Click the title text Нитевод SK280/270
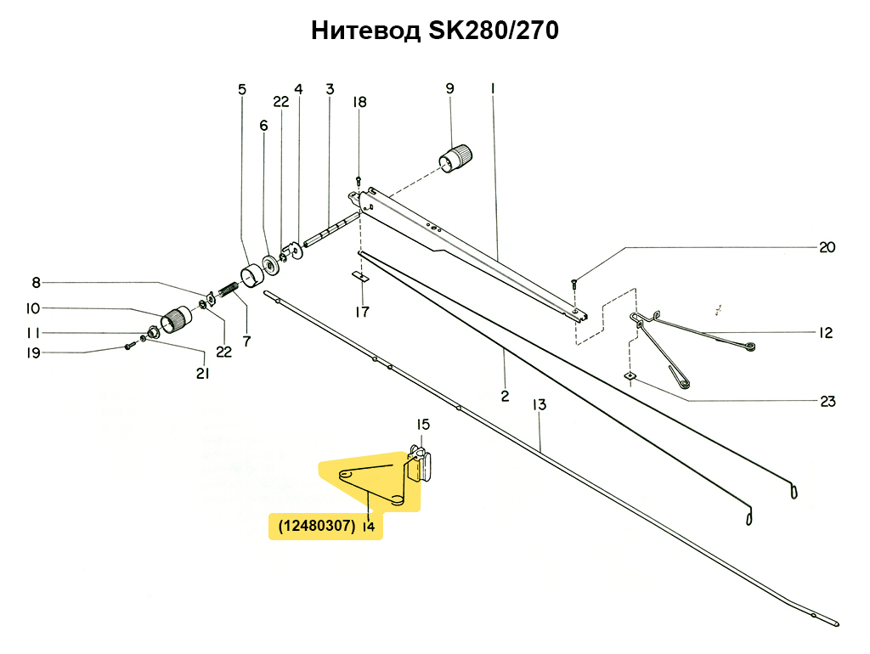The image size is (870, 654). [434, 31]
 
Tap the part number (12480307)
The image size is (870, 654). [317, 525]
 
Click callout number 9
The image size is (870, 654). [449, 88]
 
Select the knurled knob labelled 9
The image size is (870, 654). [455, 158]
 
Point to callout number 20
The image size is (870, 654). [827, 247]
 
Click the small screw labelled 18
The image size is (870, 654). [358, 180]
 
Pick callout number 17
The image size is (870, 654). [362, 312]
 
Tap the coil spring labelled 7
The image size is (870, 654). [228, 290]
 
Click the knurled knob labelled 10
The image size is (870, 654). [176, 319]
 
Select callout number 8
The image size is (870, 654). [36, 282]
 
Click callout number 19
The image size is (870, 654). [33, 352]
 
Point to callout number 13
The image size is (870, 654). [540, 405]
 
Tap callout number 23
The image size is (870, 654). [828, 401]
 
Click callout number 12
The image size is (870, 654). [826, 332]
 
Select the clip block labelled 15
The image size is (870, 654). [420, 464]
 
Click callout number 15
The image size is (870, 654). [423, 425]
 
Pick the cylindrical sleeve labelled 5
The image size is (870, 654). [252, 275]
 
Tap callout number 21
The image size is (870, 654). [202, 374]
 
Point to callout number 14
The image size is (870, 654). [369, 526]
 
